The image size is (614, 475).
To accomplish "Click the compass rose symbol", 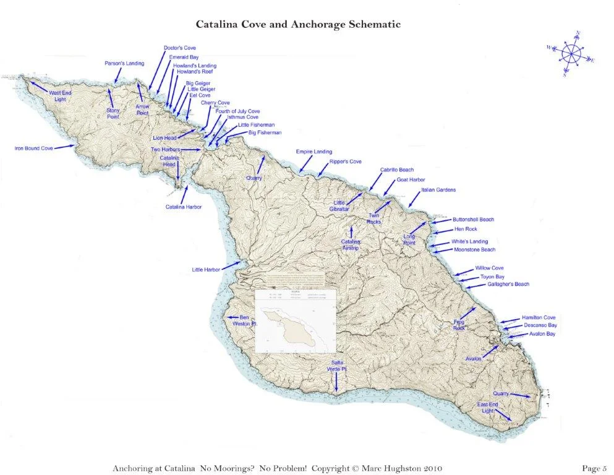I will [x=570, y=54].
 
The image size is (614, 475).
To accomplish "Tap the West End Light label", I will [x=60, y=96].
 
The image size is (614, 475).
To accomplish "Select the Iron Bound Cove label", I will [x=34, y=148].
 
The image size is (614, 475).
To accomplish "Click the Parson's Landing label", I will [x=124, y=63].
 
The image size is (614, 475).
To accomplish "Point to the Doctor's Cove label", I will [x=180, y=48].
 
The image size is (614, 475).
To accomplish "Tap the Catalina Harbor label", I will [x=184, y=207].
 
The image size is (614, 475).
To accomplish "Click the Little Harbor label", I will [x=206, y=270].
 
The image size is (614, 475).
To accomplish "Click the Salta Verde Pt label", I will [x=336, y=365].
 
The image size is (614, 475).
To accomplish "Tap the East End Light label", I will [x=487, y=408].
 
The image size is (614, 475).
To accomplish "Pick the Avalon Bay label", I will [x=542, y=334].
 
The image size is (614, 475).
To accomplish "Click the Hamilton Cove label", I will [x=538, y=317].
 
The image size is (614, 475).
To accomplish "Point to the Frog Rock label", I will [x=459, y=325].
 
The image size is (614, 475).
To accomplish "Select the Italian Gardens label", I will [x=439, y=190].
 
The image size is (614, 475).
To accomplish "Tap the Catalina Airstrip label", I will [x=350, y=245].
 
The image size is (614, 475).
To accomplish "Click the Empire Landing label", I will [x=313, y=152].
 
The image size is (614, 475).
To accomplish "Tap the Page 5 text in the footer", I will [x=595, y=468].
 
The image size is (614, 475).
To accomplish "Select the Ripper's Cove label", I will [x=345, y=161].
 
